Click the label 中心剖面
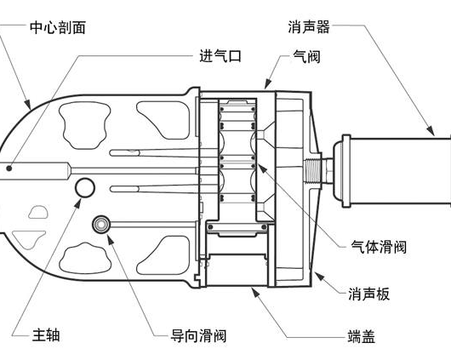point(58,27)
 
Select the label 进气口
point(220,55)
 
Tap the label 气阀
point(306,56)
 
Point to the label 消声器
point(309,26)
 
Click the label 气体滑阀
point(379,247)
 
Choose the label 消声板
point(369,294)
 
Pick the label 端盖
point(362,336)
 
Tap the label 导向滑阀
point(198,335)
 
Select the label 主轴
point(46,335)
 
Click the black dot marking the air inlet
point(9,169)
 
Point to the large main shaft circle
point(85,187)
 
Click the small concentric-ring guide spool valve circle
point(101,224)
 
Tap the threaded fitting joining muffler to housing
point(312,171)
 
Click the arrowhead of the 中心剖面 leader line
point(27,104)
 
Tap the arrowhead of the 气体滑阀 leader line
point(261,168)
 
